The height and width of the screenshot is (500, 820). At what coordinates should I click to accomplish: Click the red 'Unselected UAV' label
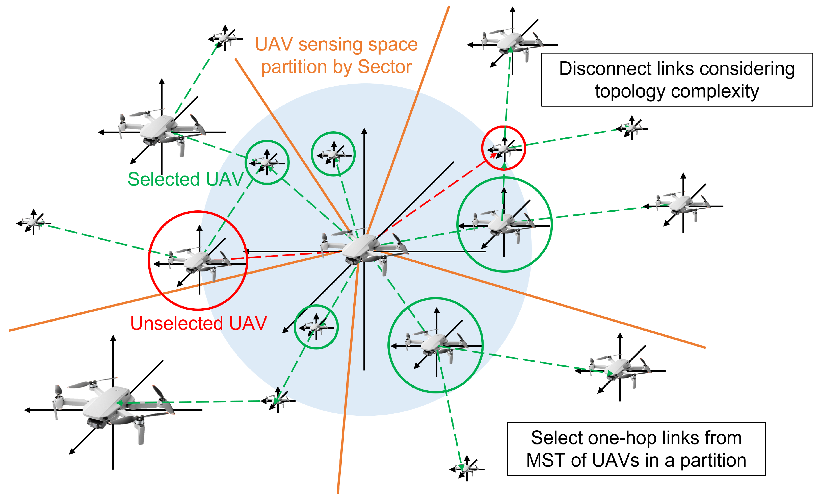(198, 323)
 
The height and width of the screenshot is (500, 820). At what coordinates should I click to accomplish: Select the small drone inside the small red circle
(504, 149)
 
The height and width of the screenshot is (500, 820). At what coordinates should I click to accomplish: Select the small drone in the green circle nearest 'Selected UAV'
(267, 162)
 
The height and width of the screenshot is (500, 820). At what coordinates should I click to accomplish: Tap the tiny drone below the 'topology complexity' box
(631, 128)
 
